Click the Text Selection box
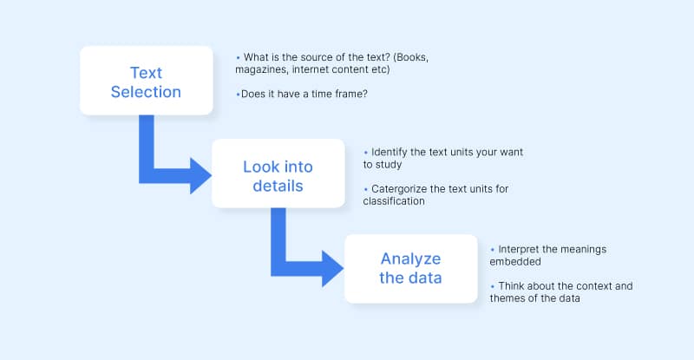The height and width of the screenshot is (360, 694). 146,80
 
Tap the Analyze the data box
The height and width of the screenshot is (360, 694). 410,268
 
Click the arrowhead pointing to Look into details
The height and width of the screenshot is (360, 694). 200,175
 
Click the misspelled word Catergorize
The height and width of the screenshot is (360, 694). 403,188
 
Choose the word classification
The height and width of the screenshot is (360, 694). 394,200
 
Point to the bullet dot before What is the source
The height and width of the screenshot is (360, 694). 238,57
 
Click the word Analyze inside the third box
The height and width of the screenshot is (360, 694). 410,259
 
